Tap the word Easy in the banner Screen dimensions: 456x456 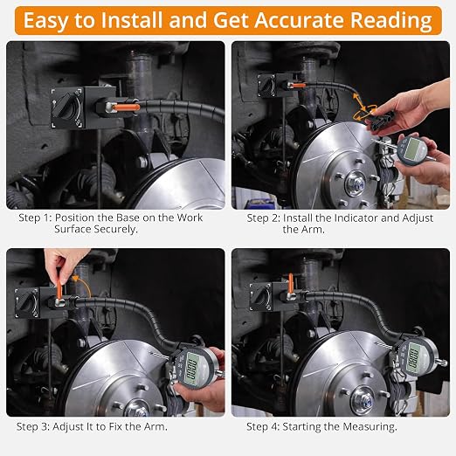(45, 21)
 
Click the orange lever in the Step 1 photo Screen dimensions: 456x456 (126, 107)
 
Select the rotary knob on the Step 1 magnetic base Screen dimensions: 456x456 (66, 108)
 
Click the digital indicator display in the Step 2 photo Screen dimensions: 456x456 (412, 149)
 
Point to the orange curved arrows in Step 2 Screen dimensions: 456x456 (363, 108)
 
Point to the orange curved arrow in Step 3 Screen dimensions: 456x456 (83, 286)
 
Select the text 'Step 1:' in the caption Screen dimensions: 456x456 (35, 218)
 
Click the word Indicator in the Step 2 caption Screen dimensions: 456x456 (349, 218)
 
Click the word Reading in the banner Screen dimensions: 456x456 (390, 21)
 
